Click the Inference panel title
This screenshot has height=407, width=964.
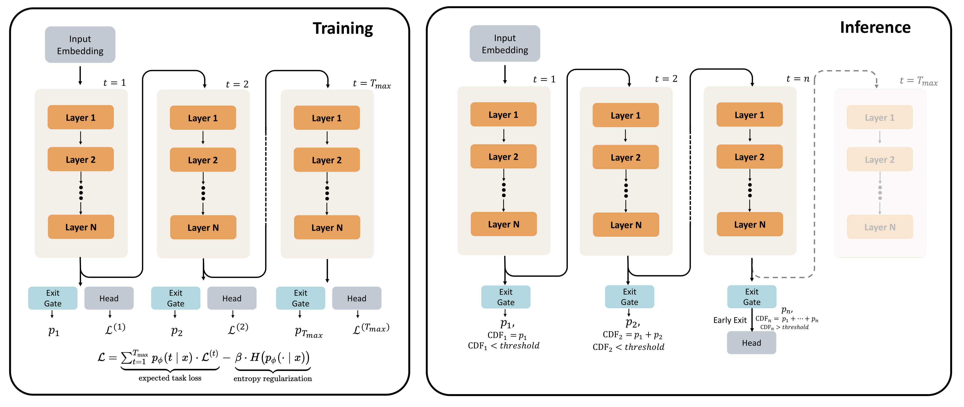875,27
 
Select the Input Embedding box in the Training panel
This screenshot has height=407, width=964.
80,44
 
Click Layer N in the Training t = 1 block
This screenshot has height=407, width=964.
81,227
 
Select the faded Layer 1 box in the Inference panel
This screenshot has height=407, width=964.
879,117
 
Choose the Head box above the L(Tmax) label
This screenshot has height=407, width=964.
356,298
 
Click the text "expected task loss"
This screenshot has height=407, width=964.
170,378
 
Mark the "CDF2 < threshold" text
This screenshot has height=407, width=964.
628,347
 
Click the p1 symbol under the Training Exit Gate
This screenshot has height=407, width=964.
54,331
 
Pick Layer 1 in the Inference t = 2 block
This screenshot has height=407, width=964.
625,115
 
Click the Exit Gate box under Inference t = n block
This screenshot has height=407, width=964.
751,297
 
